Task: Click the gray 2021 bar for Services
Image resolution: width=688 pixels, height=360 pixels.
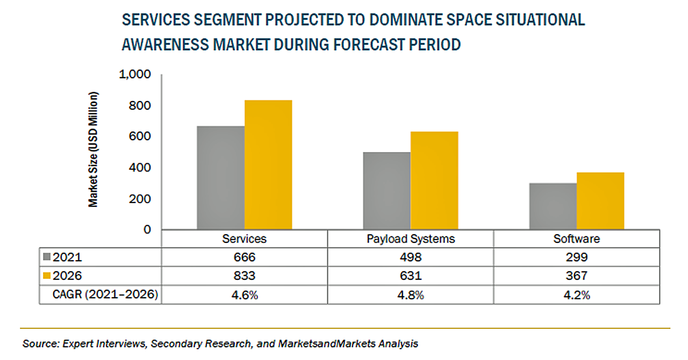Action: (x=220, y=178)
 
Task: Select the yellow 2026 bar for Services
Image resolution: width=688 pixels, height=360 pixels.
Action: (x=268, y=165)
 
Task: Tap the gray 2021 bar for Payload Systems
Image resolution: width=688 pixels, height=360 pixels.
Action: (x=386, y=191)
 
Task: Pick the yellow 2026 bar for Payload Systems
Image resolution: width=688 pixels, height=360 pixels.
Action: (x=434, y=181)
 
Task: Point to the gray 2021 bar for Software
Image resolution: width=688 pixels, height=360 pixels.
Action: (x=553, y=206)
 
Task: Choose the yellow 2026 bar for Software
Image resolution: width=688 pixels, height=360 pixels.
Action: (x=600, y=201)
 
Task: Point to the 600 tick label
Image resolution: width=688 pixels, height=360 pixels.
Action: (x=140, y=137)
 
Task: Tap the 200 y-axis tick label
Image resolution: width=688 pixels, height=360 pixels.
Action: (x=140, y=199)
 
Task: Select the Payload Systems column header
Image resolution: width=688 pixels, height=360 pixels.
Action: (x=410, y=239)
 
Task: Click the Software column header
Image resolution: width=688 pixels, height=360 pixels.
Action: (x=576, y=239)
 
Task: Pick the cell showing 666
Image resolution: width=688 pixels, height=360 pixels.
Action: (x=245, y=257)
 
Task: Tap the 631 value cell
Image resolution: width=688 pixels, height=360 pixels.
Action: (x=410, y=276)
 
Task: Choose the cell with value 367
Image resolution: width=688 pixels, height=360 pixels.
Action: (x=576, y=276)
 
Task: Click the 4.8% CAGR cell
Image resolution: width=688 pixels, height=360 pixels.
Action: (x=410, y=294)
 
